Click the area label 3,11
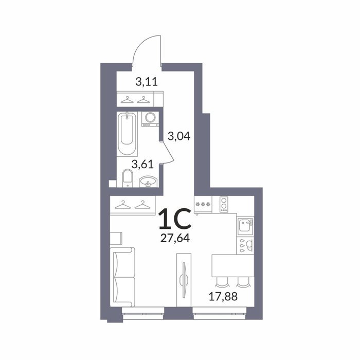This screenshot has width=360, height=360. (147, 82)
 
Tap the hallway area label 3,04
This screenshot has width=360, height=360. (179, 136)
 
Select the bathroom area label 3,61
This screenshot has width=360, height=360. (142, 165)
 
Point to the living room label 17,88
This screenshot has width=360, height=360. (223, 296)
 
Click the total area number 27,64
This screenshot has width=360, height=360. (175, 238)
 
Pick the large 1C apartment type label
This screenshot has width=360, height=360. (175, 219)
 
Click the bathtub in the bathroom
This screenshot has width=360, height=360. (127, 134)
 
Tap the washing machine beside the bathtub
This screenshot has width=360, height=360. (150, 119)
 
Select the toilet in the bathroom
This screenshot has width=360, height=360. (128, 178)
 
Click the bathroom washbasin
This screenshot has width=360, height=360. (148, 182)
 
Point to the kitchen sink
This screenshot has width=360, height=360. (245, 225)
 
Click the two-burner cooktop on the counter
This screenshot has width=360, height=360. (224, 205)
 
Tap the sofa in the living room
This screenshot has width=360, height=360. (122, 277)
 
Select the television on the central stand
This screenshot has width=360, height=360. (184, 280)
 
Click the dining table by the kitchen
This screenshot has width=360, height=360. (233, 266)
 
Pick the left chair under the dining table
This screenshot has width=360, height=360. (222, 282)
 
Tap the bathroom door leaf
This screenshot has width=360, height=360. (167, 151)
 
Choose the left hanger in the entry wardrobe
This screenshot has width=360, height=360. (127, 100)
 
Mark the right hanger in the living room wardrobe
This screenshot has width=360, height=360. (142, 205)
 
